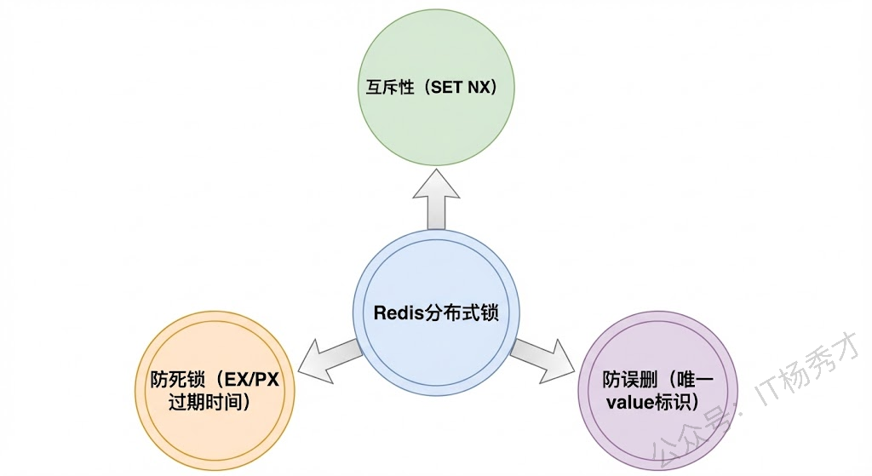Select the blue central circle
435,272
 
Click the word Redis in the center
398,312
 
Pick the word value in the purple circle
630,401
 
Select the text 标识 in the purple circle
674,401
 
